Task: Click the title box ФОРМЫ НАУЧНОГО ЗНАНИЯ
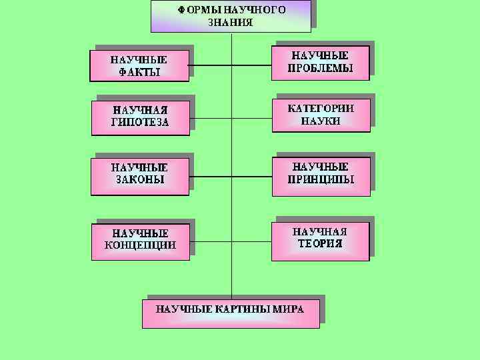(x=231, y=16)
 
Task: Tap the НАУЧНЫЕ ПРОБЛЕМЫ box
(x=320, y=62)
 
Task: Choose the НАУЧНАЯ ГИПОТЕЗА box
(x=140, y=116)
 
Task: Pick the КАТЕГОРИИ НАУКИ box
(x=321, y=114)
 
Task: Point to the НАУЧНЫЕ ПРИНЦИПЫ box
(x=321, y=173)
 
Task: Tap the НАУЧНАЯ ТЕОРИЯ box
(x=320, y=237)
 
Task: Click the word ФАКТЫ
(x=139, y=72)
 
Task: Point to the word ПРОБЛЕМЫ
(x=320, y=69)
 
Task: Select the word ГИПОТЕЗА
(x=140, y=123)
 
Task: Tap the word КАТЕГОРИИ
(x=321, y=107)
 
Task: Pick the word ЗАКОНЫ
(x=139, y=179)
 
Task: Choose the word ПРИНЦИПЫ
(x=321, y=180)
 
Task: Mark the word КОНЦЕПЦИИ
(x=140, y=245)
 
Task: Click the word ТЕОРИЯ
(x=320, y=243)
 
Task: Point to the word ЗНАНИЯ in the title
(x=231, y=22)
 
